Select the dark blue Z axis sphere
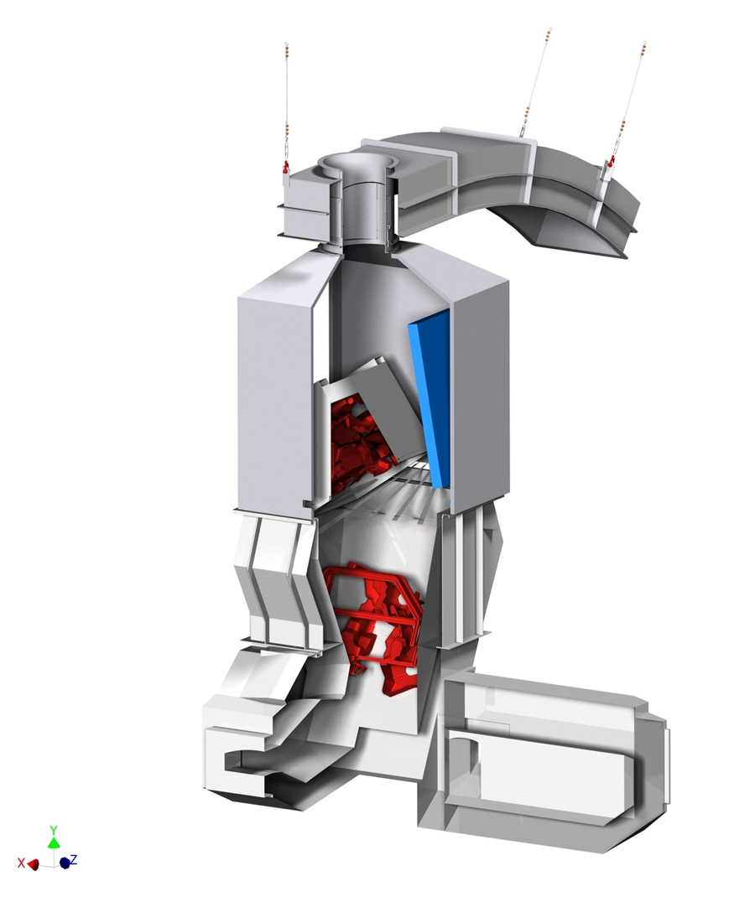point(65,863)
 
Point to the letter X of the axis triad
point(21,863)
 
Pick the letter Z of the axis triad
point(74,859)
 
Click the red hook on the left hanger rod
point(285,167)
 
